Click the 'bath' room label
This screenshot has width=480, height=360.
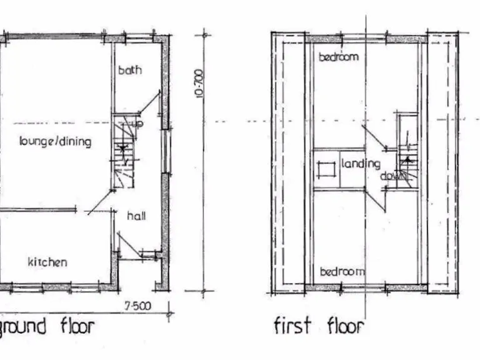130,69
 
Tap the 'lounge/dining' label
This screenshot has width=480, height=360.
55,141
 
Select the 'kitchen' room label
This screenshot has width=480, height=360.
47,262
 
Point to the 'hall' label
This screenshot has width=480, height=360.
136,216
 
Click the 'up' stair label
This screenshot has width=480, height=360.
138,124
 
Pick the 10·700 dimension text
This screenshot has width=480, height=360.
199,83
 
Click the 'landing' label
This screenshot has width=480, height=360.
361,164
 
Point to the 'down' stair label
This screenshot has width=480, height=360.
392,176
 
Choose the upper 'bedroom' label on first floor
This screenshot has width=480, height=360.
339,57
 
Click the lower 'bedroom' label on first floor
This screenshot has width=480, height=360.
342,271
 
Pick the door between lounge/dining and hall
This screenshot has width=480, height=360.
100,203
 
